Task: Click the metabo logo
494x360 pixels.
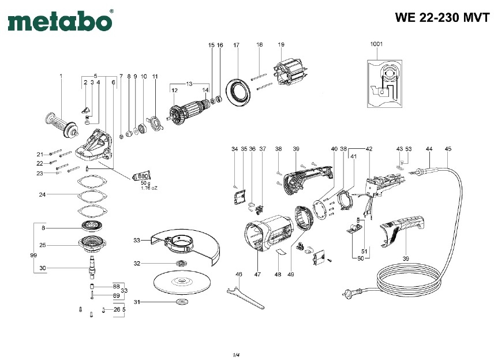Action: point(59,21)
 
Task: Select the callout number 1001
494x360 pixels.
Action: point(376,44)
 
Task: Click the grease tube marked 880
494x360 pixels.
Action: point(141,177)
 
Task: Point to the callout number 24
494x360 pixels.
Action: point(42,195)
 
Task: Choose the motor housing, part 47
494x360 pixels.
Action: point(268,236)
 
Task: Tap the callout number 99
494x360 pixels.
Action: point(33,254)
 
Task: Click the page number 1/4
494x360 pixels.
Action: point(236,353)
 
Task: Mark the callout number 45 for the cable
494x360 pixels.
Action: point(448,149)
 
